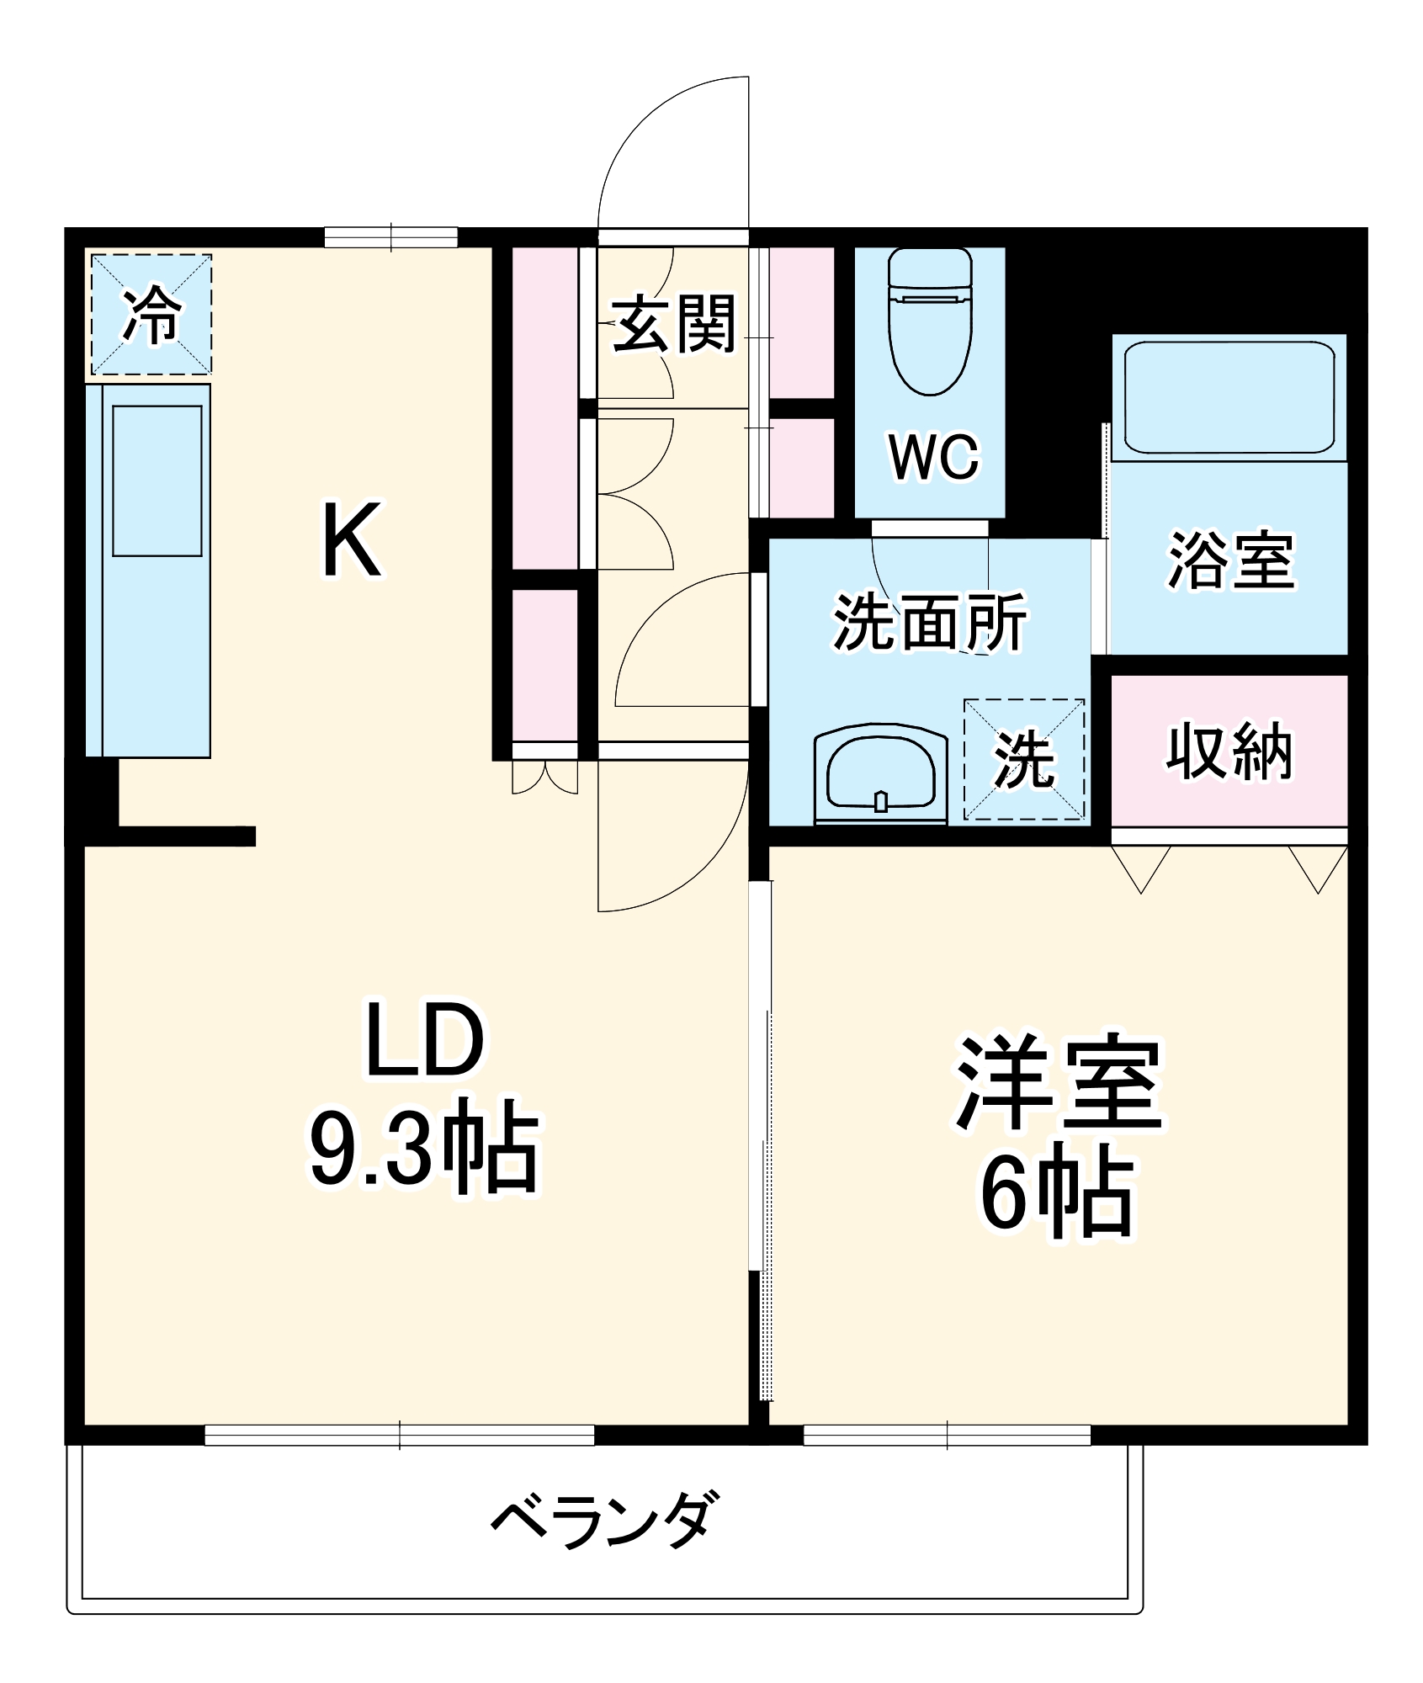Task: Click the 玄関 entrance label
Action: [x=673, y=323]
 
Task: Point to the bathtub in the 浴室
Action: [x=1228, y=396]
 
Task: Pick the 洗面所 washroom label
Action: [x=930, y=622]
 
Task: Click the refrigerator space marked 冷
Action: [x=151, y=315]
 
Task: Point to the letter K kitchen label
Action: [x=352, y=540]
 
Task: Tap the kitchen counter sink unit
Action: [x=157, y=480]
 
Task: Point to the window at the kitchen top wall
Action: [x=390, y=237]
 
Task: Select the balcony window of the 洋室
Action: [x=947, y=1435]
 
